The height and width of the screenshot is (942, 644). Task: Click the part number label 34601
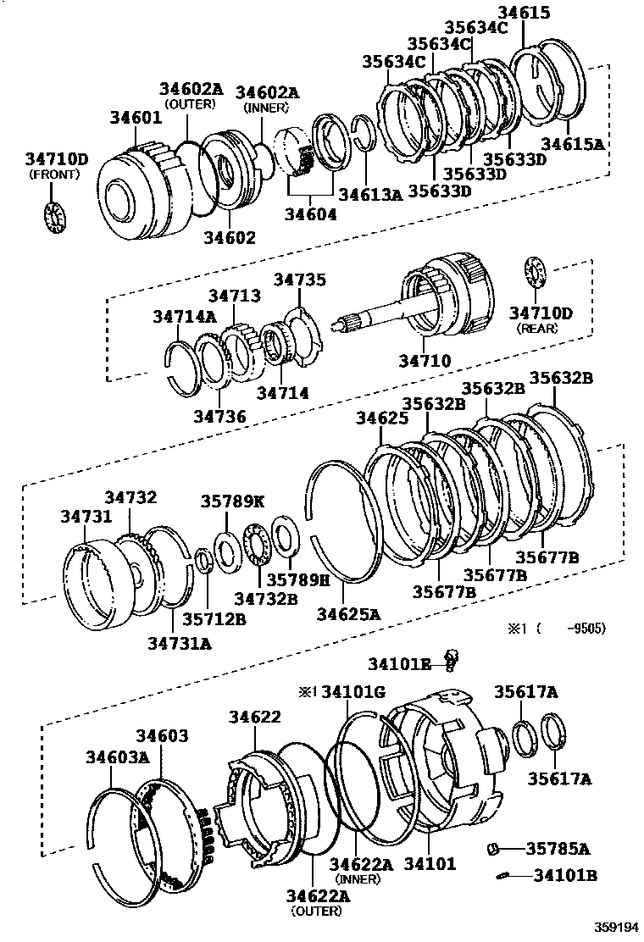click(135, 118)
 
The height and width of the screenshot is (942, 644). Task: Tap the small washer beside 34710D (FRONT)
click(55, 216)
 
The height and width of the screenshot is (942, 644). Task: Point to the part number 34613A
click(370, 194)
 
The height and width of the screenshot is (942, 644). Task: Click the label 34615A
click(573, 144)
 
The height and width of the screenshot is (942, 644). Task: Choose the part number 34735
click(299, 280)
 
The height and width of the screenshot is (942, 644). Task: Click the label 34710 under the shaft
click(425, 362)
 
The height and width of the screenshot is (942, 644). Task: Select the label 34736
click(219, 416)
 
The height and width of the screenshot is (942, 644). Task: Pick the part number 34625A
click(348, 614)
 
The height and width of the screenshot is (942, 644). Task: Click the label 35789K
click(232, 501)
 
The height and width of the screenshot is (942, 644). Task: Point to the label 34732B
click(266, 598)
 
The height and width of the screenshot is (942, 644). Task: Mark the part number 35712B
click(214, 618)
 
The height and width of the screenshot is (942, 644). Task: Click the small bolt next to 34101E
click(452, 658)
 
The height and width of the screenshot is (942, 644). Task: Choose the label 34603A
click(116, 756)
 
